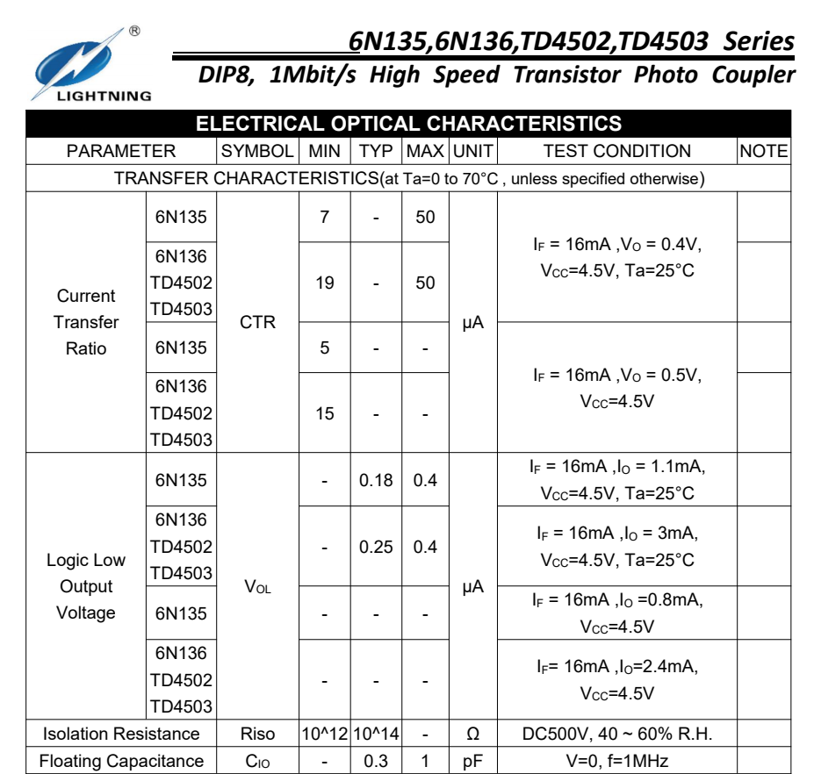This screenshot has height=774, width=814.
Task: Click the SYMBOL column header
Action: click(257, 151)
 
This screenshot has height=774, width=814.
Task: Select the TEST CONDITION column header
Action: click(616, 151)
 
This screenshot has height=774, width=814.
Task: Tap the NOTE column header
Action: click(763, 151)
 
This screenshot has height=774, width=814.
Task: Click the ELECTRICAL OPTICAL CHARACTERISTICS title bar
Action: click(407, 124)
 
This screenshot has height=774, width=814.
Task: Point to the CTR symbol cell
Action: click(257, 322)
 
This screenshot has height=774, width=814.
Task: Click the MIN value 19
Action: click(325, 283)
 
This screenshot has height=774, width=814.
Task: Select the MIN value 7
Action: click(325, 217)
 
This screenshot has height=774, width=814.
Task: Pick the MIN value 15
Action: click(325, 412)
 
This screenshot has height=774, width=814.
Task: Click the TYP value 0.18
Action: click(376, 480)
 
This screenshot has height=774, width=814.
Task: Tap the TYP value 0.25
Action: click(376, 547)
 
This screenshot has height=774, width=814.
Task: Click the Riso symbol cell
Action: click(257, 735)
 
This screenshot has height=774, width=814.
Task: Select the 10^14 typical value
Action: click(376, 735)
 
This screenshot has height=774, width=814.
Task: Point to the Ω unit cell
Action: click(472, 735)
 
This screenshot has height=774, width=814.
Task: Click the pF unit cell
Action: click(472, 762)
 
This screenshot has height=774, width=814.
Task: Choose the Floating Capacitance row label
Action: click(121, 762)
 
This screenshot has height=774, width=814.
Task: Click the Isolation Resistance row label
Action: click(121, 735)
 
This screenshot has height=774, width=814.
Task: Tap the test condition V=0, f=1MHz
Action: click(616, 762)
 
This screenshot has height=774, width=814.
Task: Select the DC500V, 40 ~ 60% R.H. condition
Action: click(616, 735)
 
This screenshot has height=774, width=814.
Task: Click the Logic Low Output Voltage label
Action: click(86, 586)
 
